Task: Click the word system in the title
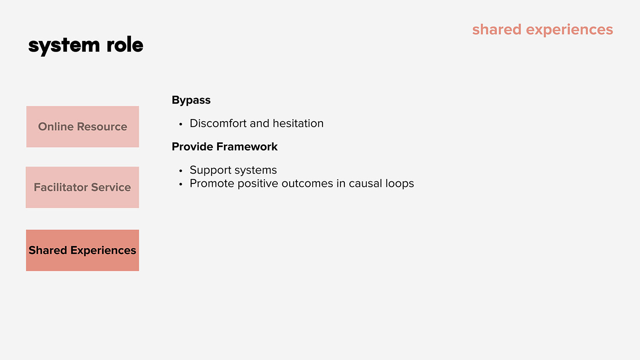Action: click(64, 46)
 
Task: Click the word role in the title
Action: click(125, 44)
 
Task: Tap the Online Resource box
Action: click(83, 127)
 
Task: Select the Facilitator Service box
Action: click(82, 187)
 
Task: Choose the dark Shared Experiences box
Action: click(83, 250)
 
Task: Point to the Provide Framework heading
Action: click(224, 147)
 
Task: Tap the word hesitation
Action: click(298, 123)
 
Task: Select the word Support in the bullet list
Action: click(211, 171)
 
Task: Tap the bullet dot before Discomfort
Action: click(180, 124)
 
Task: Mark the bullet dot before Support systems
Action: click(180, 171)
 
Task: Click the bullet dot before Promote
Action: click(180, 184)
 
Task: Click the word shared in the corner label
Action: click(497, 30)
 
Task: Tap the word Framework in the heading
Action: click(247, 147)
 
